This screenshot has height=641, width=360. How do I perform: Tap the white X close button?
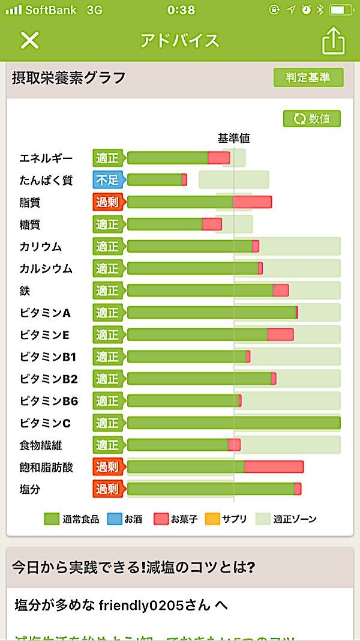(x=29, y=40)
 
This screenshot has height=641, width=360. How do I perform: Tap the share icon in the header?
(x=334, y=41)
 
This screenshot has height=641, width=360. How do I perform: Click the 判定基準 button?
(x=308, y=78)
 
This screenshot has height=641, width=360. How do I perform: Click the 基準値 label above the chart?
(x=233, y=138)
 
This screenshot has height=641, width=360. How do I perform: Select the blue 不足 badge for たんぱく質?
(x=107, y=180)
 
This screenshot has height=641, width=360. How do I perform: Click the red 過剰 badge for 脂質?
(x=107, y=202)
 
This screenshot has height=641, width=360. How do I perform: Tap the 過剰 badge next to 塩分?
(x=107, y=489)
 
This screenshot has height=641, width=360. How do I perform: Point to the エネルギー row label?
(x=46, y=158)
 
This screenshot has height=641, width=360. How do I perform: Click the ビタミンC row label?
(x=45, y=423)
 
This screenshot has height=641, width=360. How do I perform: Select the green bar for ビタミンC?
(x=233, y=423)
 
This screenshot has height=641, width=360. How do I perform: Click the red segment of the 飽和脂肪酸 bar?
(x=274, y=467)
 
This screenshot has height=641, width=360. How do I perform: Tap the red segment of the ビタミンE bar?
(x=280, y=334)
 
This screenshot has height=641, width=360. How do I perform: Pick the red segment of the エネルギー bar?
(x=218, y=158)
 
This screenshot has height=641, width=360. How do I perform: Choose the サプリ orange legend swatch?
(x=212, y=519)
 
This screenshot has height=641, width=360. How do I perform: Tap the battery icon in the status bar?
(x=341, y=10)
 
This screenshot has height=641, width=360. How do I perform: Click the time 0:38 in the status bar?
(x=181, y=10)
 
